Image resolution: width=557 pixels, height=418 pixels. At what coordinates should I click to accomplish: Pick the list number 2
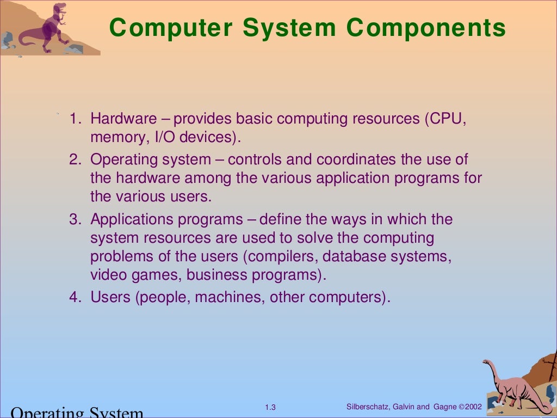click(x=75, y=160)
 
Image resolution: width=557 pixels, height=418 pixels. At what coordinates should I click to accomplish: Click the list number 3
click(x=75, y=220)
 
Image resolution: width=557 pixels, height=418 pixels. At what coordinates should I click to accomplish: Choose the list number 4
click(x=75, y=297)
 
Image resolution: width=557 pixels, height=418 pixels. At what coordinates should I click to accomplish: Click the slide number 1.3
click(x=270, y=408)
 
